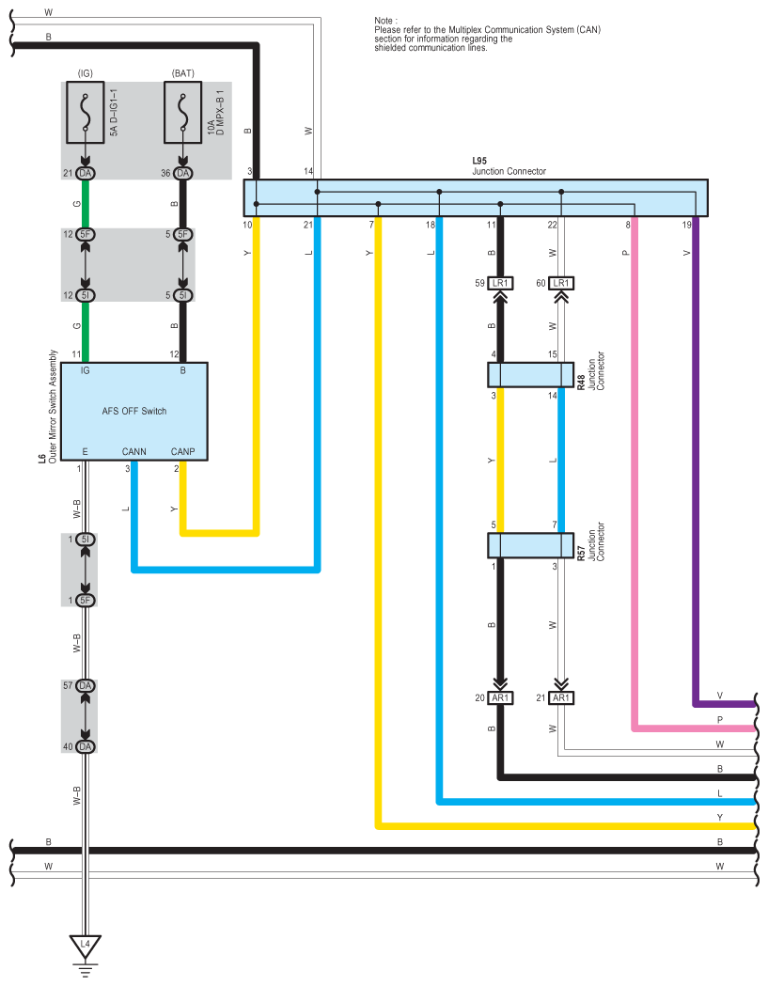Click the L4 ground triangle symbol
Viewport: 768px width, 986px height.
tap(86, 945)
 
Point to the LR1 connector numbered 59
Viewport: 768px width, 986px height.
tap(500, 282)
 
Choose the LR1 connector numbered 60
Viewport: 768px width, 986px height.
tap(560, 282)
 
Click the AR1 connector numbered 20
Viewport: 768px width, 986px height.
tap(500, 697)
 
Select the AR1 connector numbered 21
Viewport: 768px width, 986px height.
tap(560, 697)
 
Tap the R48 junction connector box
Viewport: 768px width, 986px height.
tap(530, 375)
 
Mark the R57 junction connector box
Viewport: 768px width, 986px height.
tap(530, 545)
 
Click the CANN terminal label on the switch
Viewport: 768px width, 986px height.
tap(134, 451)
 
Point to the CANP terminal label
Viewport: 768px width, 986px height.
tap(183, 451)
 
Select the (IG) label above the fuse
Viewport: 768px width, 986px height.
tap(86, 73)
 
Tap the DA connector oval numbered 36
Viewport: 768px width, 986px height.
tap(183, 173)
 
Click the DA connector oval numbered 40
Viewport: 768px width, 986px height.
tap(86, 746)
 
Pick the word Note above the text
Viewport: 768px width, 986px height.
tap(384, 20)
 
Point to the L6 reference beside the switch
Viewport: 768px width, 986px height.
tap(41, 458)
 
